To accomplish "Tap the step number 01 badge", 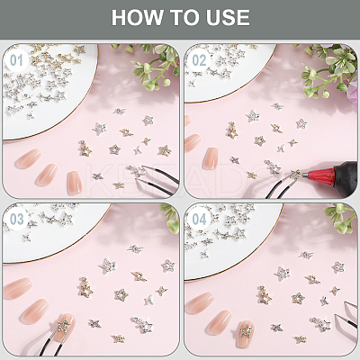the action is [16, 60].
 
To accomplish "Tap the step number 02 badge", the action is [199, 60].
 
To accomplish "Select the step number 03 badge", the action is [16, 220].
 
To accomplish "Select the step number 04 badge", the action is [199, 220].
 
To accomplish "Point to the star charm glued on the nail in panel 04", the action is [247, 331].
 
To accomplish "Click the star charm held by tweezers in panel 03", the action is [64, 325].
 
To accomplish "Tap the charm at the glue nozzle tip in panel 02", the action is [295, 174].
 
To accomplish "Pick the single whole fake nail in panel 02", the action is [211, 158].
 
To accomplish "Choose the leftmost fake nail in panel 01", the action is [28, 158].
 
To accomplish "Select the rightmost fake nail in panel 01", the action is [74, 183].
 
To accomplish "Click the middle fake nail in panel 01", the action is [47, 175].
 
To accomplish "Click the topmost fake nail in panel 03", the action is [17, 288].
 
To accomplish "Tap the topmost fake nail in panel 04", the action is [200, 303].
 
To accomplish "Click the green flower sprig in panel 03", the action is [170, 219].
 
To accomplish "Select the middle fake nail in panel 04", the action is [218, 322].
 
